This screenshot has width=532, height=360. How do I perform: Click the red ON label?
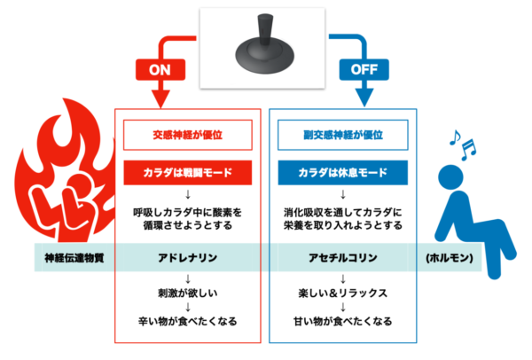(160, 69)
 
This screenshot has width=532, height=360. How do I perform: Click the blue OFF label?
(364, 69)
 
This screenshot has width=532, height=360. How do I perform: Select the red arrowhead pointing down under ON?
(160, 98)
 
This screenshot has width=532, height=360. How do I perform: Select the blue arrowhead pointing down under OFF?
(364, 98)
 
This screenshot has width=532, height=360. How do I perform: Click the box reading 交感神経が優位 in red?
(188, 135)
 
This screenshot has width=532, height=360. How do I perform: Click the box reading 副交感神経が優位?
(342, 135)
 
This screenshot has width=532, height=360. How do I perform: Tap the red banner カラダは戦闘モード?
(188, 173)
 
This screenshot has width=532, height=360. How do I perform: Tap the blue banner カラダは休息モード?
(342, 173)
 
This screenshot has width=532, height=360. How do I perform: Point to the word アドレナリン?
(188, 258)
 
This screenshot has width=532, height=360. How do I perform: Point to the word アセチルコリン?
(342, 258)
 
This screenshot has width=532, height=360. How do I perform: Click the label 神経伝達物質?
(74, 258)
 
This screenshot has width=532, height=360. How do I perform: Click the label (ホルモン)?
(450, 258)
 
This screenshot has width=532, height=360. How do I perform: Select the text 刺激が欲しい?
(188, 293)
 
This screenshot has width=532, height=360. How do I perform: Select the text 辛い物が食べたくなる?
(188, 321)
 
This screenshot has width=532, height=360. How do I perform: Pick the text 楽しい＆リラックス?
(342, 293)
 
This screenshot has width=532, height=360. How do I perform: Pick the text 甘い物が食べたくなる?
(342, 321)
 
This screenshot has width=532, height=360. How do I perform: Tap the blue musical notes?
(463, 145)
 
